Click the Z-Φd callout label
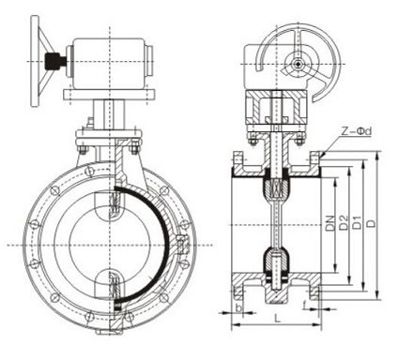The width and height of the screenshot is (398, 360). point(356,131)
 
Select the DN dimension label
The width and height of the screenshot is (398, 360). point(329,223)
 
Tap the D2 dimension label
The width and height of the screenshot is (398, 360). point(344,222)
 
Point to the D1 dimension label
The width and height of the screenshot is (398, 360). point(358,222)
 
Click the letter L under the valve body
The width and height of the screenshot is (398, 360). point(277,319)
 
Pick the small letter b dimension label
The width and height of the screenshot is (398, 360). point(238,308)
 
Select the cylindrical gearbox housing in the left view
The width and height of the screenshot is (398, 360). point(110,63)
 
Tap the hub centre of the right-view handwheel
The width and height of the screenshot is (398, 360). point(297,64)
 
